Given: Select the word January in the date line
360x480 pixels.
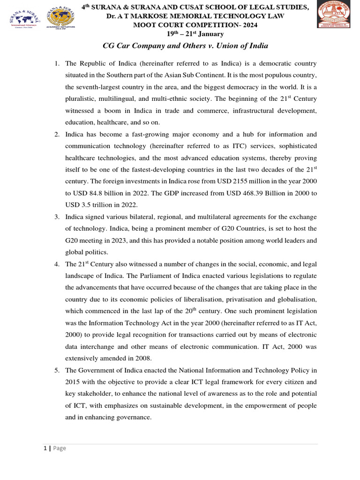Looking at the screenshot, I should (210, 34).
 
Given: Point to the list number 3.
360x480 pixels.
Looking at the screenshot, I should (56, 217).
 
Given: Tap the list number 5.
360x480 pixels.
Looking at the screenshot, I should (56, 370).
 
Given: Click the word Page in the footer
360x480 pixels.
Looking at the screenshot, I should (60, 448).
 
